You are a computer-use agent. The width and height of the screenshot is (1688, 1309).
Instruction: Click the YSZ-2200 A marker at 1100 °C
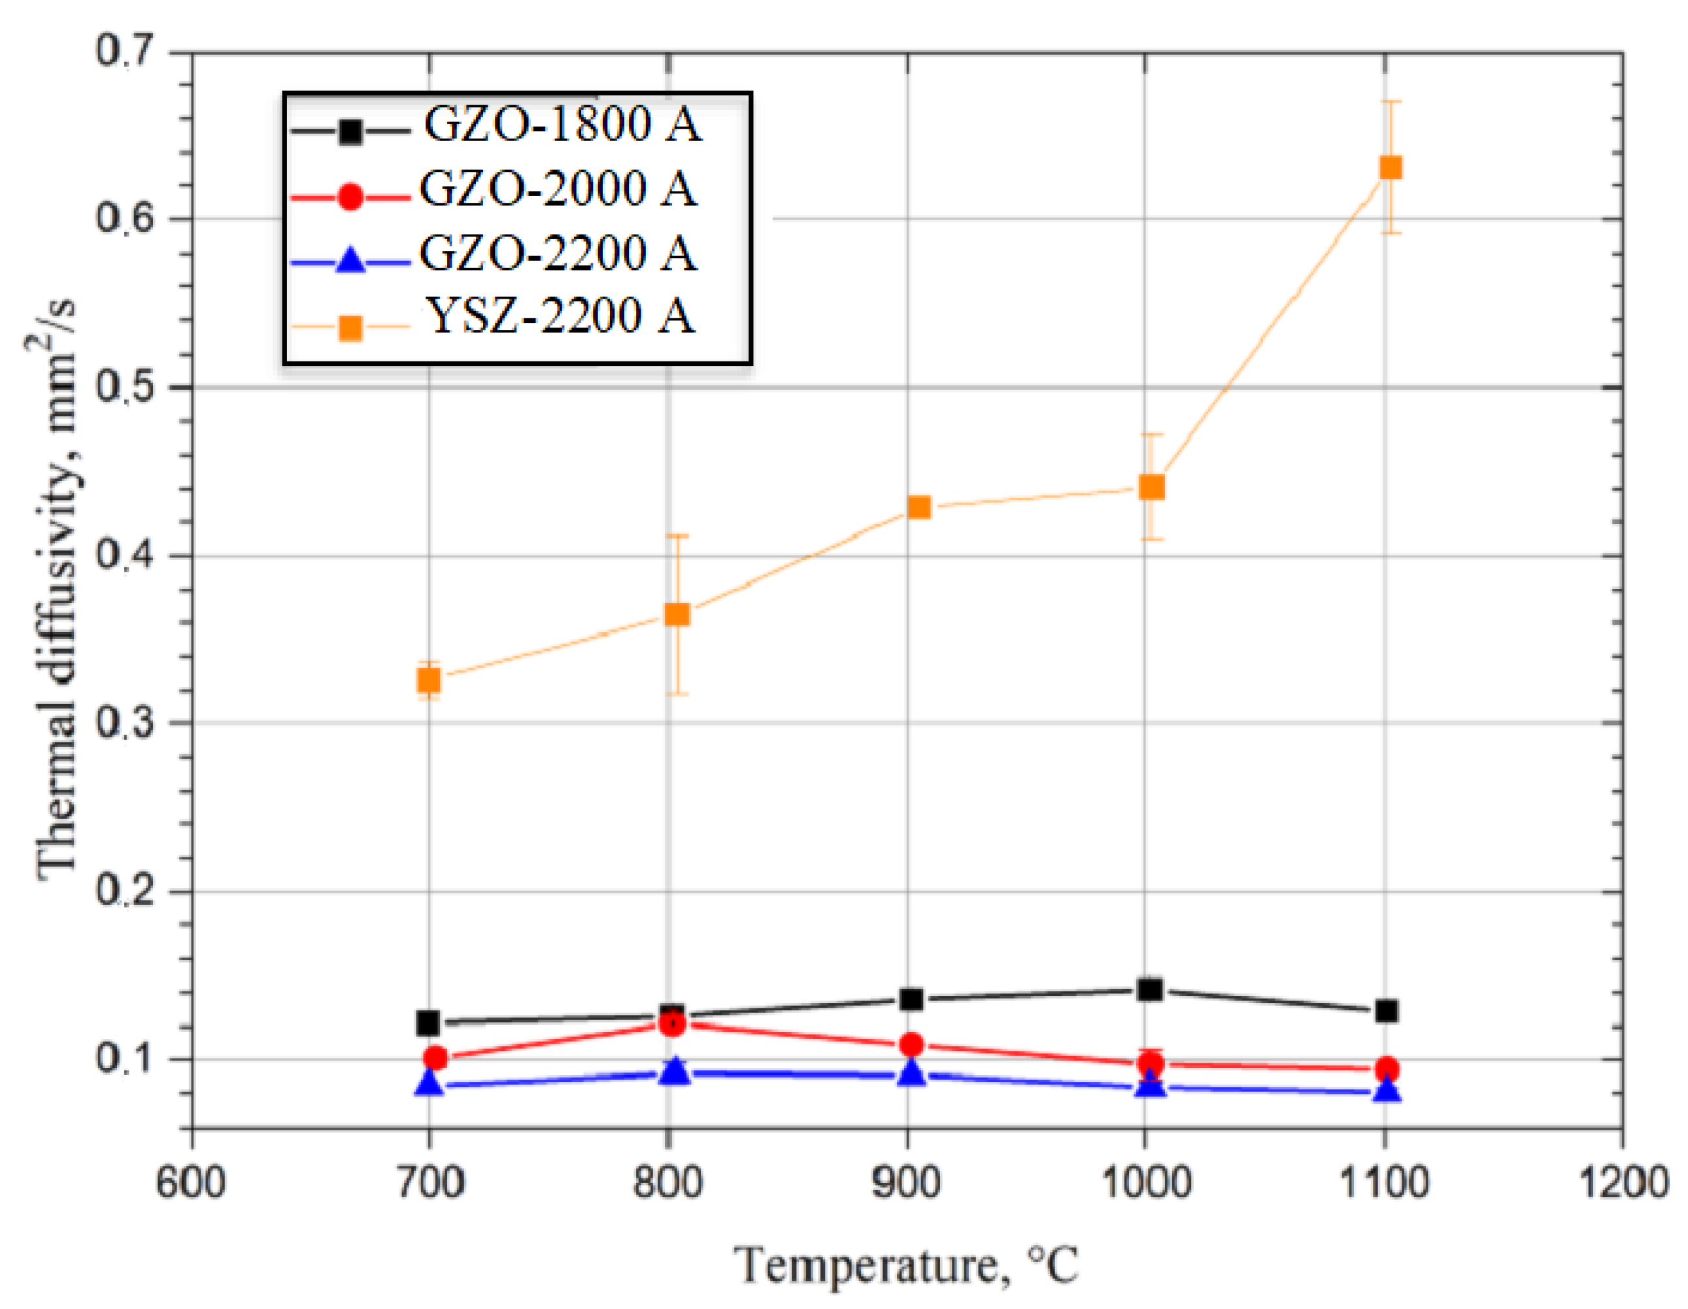coord(1390,168)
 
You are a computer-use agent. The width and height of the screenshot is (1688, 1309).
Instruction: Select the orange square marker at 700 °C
coord(429,680)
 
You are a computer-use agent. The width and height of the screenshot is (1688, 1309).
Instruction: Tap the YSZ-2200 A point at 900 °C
coord(918,508)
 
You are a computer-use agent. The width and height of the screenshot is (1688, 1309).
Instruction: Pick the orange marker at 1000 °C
coord(1152,487)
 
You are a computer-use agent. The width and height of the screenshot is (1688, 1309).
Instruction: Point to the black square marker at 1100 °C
coord(1387,1011)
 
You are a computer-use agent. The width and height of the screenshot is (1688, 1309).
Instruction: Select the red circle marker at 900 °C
coord(912,1045)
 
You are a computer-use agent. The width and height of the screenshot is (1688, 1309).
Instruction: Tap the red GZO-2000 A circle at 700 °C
coord(435,1058)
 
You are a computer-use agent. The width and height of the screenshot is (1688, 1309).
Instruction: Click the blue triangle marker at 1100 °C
coord(1387,1091)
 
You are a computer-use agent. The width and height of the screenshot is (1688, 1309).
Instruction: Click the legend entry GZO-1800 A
coord(562,124)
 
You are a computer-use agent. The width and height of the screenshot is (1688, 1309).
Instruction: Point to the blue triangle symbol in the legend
coord(350,260)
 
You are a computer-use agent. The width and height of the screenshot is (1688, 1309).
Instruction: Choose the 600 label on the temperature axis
coord(191,1183)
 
